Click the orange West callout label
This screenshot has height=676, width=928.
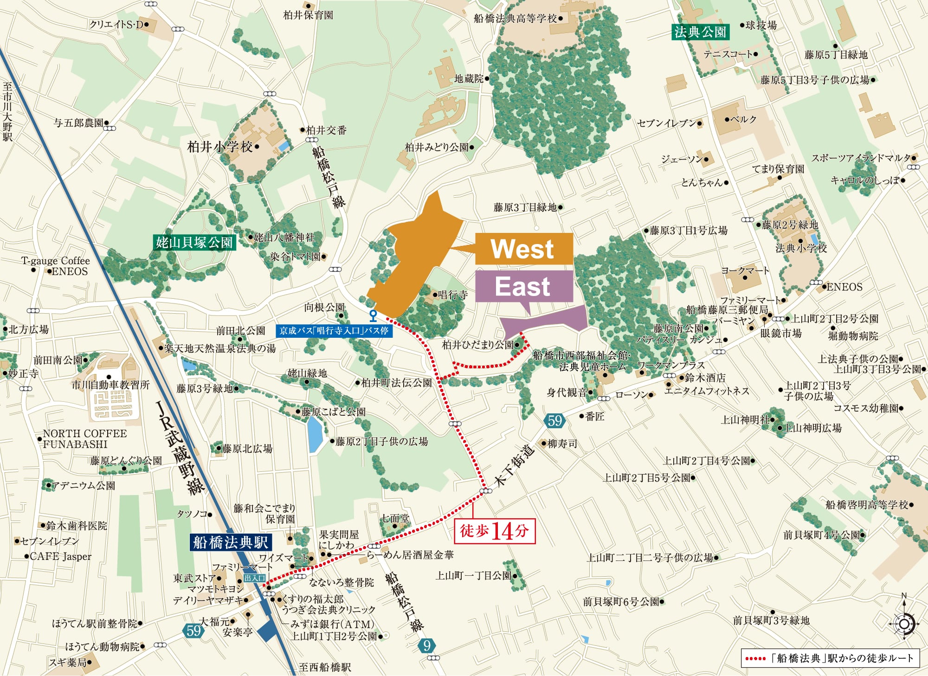point(524,249)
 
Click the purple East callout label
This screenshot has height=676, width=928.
point(524,287)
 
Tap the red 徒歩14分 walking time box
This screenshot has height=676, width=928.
point(495,531)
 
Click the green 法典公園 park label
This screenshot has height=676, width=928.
point(700,32)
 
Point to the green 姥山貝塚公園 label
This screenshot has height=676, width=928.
point(194,242)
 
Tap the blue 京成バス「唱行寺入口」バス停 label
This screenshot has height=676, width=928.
point(334,331)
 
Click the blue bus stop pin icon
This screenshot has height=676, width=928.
point(373,315)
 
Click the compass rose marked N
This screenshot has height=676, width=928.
point(904,622)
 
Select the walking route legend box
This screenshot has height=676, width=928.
point(830,658)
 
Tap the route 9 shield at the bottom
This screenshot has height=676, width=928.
point(427,645)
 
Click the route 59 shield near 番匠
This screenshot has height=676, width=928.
point(554,421)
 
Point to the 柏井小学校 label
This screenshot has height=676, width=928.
point(220,147)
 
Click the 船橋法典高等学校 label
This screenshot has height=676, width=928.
point(515,19)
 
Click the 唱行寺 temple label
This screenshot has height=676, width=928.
point(452,295)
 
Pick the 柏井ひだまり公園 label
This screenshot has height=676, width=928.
point(477,345)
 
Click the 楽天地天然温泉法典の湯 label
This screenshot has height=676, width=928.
point(220,348)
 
